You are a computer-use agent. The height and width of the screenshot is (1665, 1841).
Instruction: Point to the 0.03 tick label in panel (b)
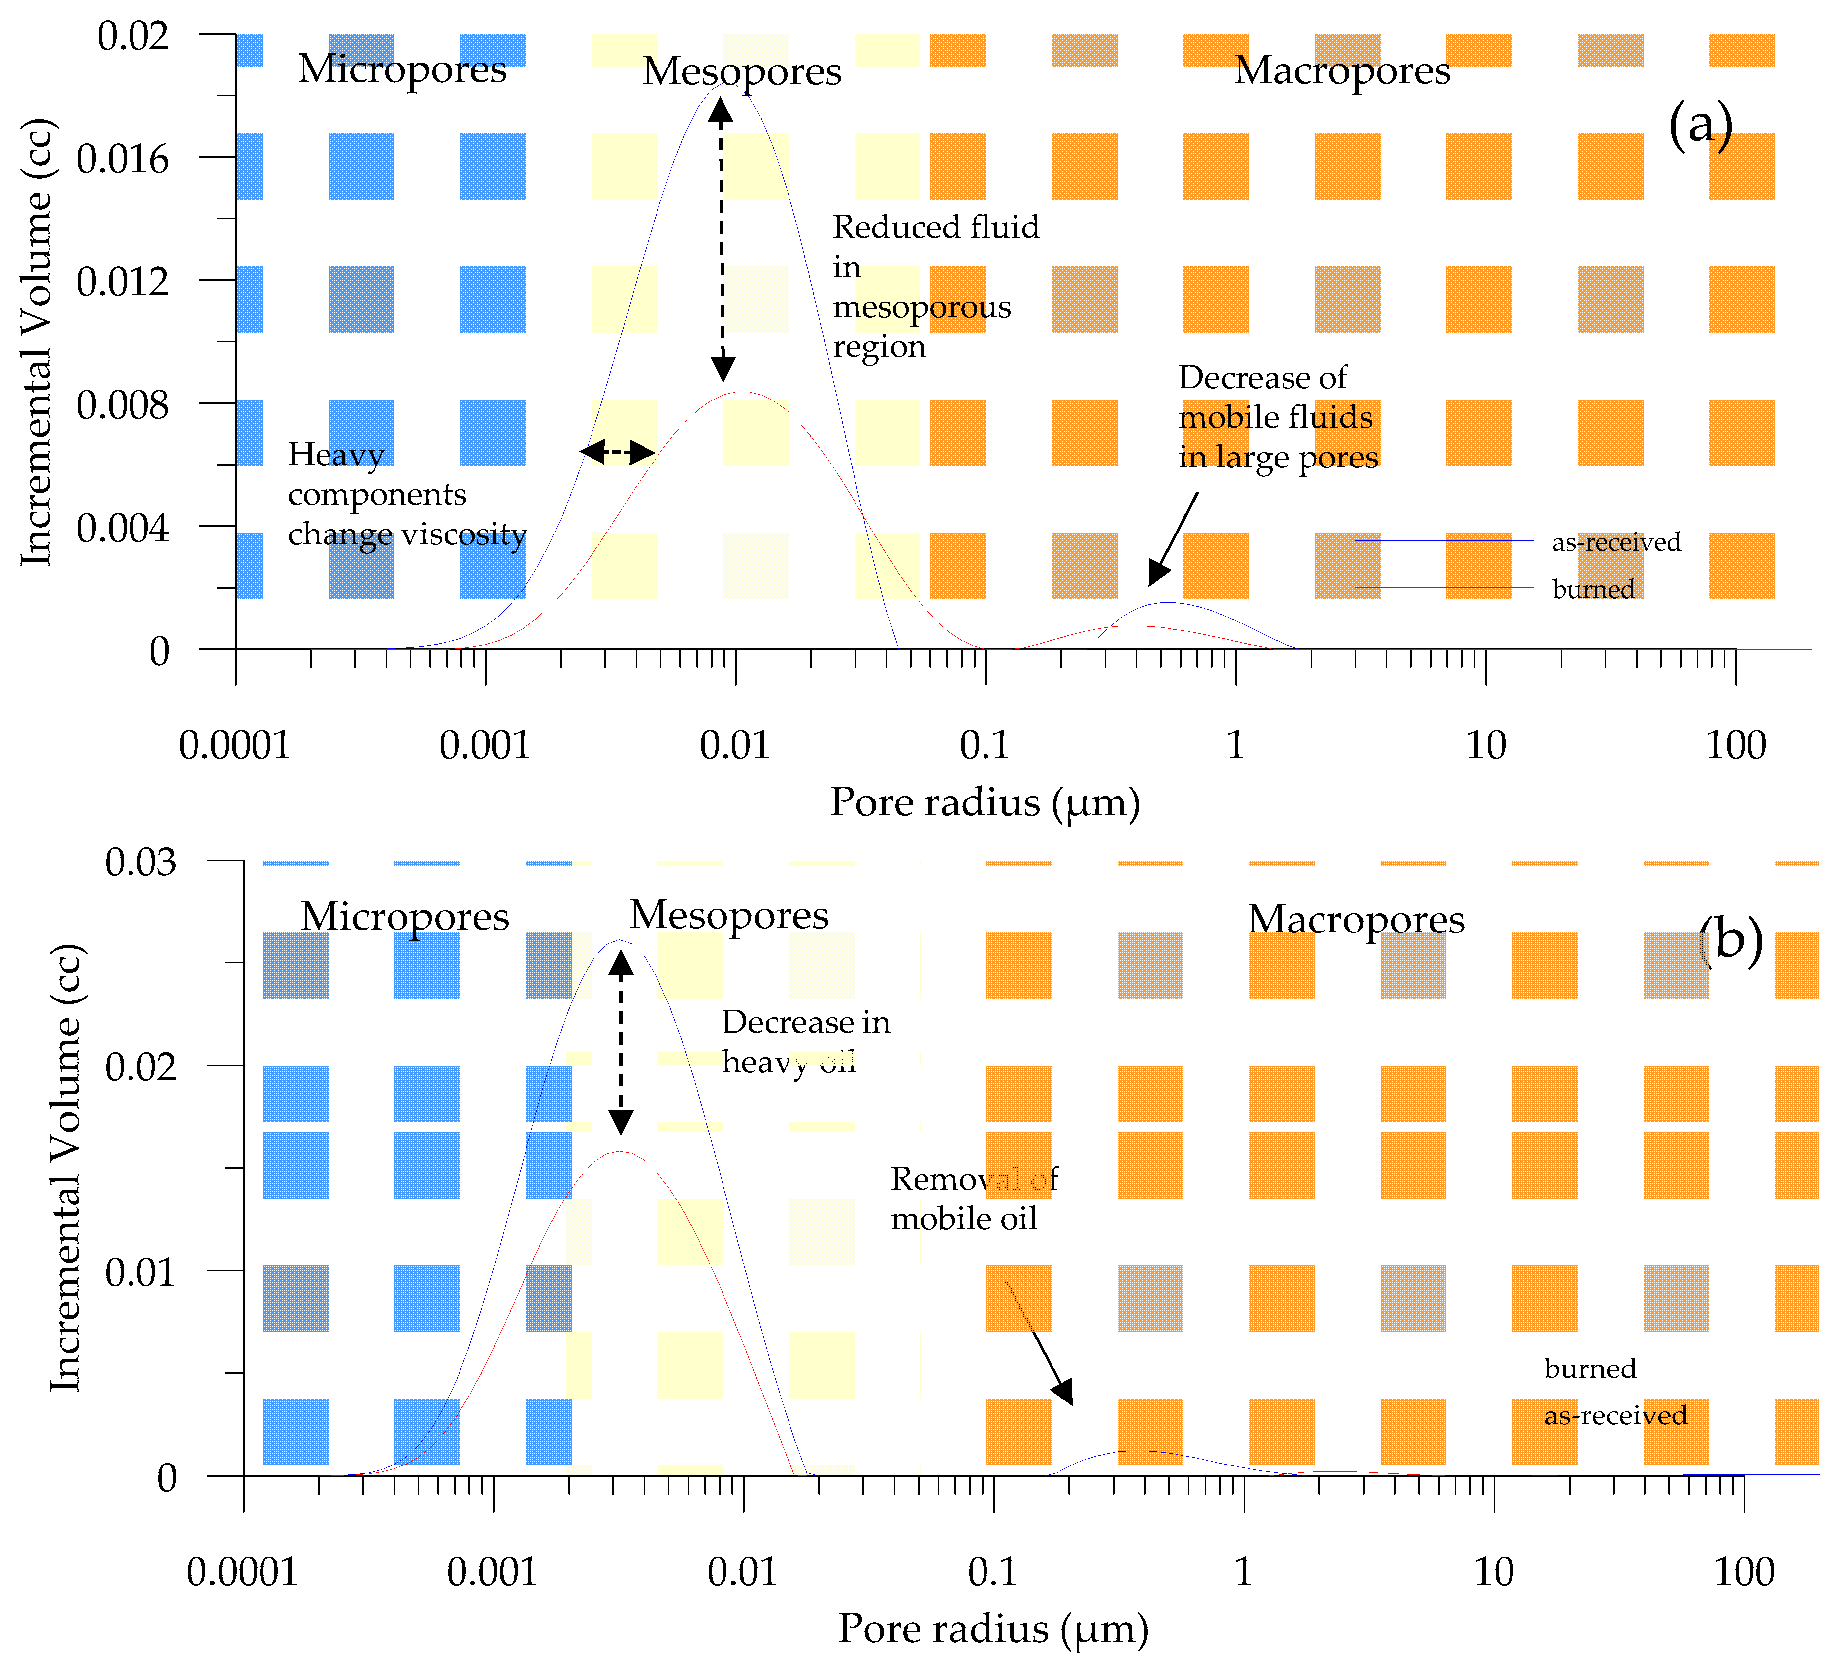(140, 861)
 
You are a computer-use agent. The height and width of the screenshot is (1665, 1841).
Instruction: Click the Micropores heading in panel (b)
(404, 916)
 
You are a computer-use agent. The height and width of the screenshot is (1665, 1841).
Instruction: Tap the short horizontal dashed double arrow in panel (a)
(617, 451)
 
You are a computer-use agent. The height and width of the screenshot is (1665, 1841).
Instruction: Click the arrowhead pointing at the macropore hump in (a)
(1157, 574)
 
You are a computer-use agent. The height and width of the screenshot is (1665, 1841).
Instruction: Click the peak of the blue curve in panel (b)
(619, 940)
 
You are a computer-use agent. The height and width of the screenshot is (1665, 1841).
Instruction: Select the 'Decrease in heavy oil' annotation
(804, 1042)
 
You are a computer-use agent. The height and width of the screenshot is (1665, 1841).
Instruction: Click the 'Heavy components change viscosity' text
(406, 494)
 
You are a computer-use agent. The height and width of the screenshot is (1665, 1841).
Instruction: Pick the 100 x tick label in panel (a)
(1735, 746)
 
